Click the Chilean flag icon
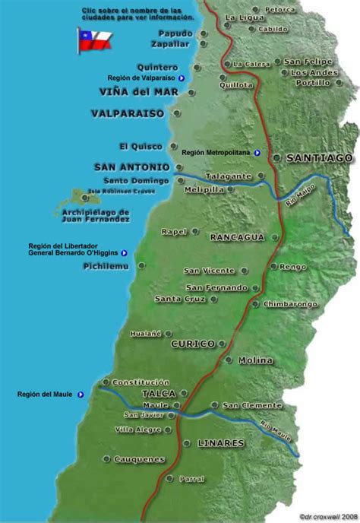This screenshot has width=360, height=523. click(94, 40)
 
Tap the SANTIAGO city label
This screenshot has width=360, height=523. click(319, 158)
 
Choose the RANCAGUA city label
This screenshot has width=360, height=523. click(237, 237)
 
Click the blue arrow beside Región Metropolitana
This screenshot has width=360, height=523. click(257, 153)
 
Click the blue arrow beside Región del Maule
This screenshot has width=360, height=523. click(81, 395)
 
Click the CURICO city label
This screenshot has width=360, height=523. click(193, 344)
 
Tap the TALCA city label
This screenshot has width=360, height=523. click(159, 394)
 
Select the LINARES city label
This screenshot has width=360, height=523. click(220, 442)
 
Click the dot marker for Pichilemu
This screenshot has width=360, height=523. click(141, 266)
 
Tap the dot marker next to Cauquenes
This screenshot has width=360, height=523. click(172, 458)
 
